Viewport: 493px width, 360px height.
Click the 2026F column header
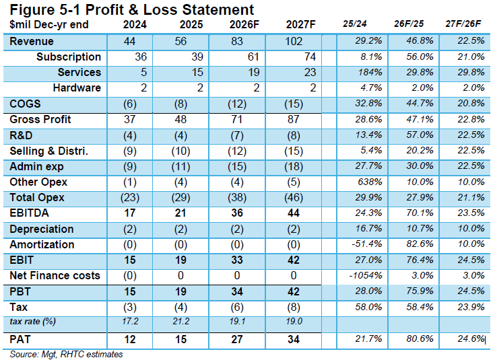coord(244,24)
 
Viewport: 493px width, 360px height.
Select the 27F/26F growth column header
coord(463,24)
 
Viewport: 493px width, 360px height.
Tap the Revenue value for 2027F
coord(294,41)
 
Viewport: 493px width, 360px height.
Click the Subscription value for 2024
coord(141,57)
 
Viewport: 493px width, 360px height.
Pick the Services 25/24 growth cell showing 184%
coord(370,72)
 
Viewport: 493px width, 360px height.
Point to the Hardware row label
coord(77,88)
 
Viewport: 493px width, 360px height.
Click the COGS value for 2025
coord(180,104)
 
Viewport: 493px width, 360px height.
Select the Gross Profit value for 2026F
coord(237,119)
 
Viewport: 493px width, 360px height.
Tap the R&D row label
coord(21,135)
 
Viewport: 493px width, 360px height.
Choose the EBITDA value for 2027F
coord(294,213)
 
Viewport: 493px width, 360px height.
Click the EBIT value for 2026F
coord(237,260)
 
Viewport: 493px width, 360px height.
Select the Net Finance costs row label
coord(55,275)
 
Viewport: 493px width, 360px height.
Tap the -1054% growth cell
coord(366,275)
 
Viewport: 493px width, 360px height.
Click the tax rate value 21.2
coord(180,322)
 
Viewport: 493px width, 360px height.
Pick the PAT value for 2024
coord(129,339)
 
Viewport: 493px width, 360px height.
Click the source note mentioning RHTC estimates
coord(66,355)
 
